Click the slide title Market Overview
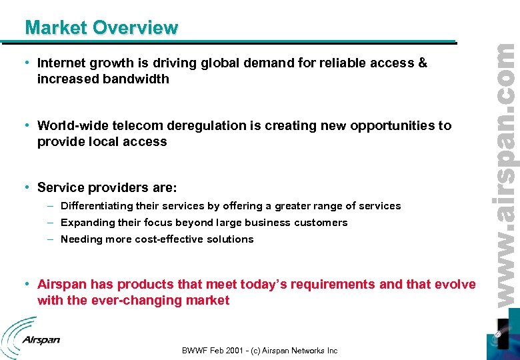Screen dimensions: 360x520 point(101,28)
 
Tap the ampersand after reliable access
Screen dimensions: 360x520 point(422,63)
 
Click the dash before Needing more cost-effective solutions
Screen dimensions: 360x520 point(52,239)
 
